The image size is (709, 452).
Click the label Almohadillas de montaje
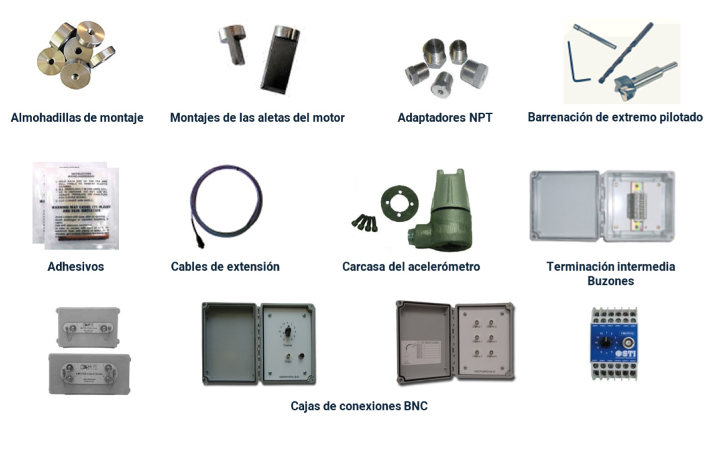pos(77,118)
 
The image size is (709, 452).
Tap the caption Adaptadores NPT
pos(445,118)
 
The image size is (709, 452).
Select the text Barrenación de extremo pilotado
pos(615,117)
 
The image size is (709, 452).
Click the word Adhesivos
pos(75,267)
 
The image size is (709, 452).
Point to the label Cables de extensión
pos(225,267)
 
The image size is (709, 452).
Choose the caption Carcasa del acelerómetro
pos(411,267)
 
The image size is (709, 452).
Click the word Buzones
pos(611,281)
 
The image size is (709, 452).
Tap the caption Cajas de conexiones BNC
pos(359,406)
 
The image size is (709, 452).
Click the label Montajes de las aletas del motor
pos(257,118)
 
